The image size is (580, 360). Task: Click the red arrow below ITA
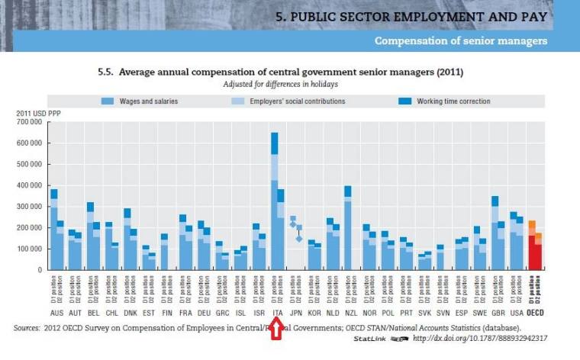tap(276, 329)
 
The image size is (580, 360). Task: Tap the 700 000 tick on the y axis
tap(31, 122)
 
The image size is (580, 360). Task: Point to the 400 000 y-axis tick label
tap(31, 185)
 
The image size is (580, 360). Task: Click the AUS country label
tap(57, 312)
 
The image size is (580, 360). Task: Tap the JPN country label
tap(296, 312)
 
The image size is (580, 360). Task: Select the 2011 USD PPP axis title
tap(38, 114)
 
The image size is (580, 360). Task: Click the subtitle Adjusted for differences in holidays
tap(280, 83)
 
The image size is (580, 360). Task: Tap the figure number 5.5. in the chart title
tap(108, 72)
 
